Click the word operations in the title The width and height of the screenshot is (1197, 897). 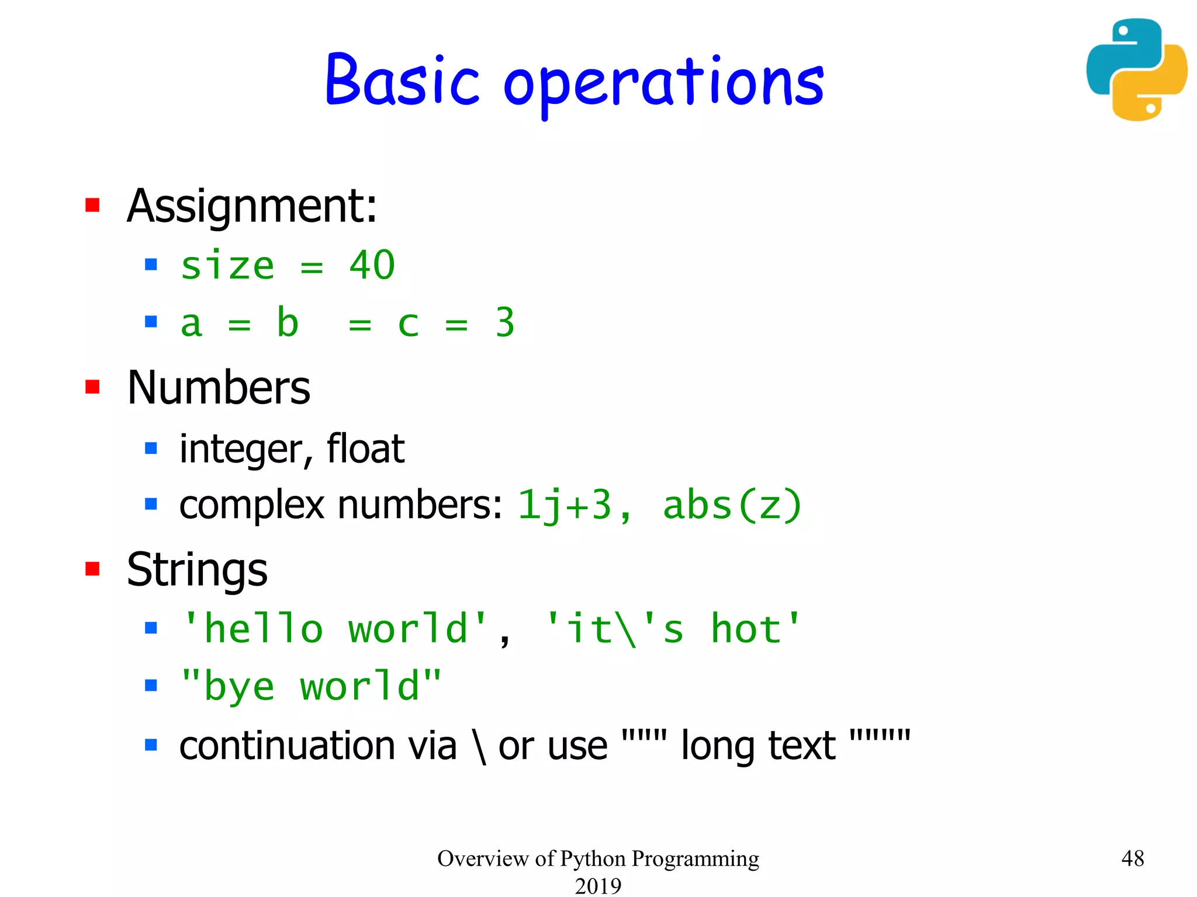coord(663,85)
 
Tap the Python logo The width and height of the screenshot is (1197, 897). coord(1136,69)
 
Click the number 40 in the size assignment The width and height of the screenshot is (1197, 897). coord(372,266)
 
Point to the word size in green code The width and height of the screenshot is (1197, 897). coord(227,266)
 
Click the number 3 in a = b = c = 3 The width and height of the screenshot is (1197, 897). coord(505,322)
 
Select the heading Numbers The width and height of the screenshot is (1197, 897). coord(219,388)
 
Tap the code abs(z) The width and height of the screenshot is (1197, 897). coord(732,505)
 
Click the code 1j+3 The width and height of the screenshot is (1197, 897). coord(565,505)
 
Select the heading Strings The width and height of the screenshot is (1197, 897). coord(197,569)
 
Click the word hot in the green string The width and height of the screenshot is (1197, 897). coord(746,630)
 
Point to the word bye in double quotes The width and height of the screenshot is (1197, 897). coord(238,687)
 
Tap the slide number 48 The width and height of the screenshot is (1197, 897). coord(1132,858)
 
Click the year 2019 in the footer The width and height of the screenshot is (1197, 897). coord(598,886)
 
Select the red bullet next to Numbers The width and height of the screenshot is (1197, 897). coord(92,387)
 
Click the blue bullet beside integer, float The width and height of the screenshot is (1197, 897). coord(151,448)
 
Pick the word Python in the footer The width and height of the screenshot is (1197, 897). coord(593,858)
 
